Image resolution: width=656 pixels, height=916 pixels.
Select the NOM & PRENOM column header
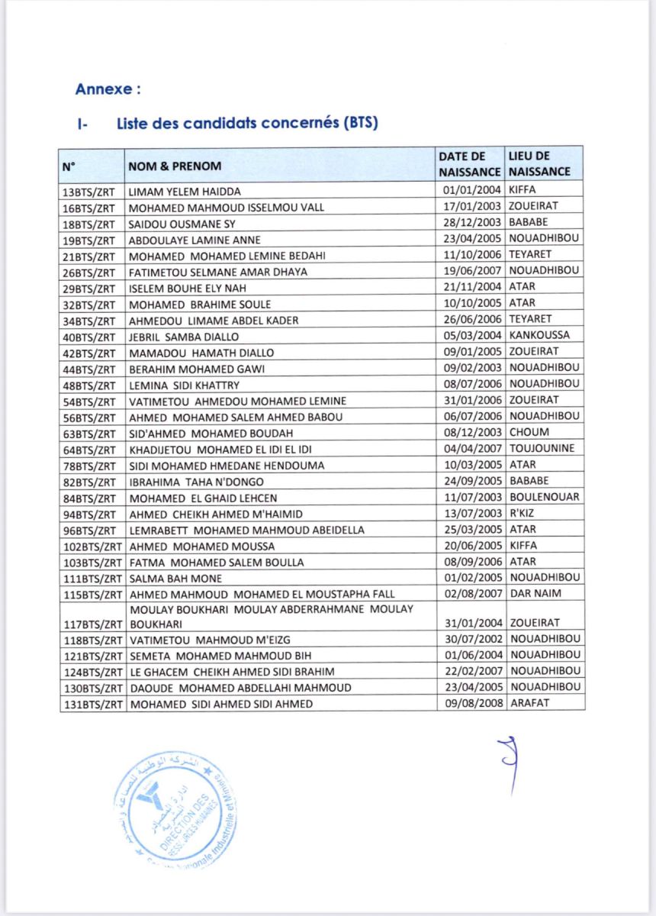click(x=175, y=166)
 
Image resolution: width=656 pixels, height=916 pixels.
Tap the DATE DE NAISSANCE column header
click(x=470, y=163)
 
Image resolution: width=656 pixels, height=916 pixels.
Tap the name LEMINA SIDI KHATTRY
click(x=184, y=384)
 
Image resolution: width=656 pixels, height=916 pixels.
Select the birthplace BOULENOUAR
click(x=544, y=497)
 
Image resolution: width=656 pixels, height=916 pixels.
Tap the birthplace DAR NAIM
click(x=533, y=594)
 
